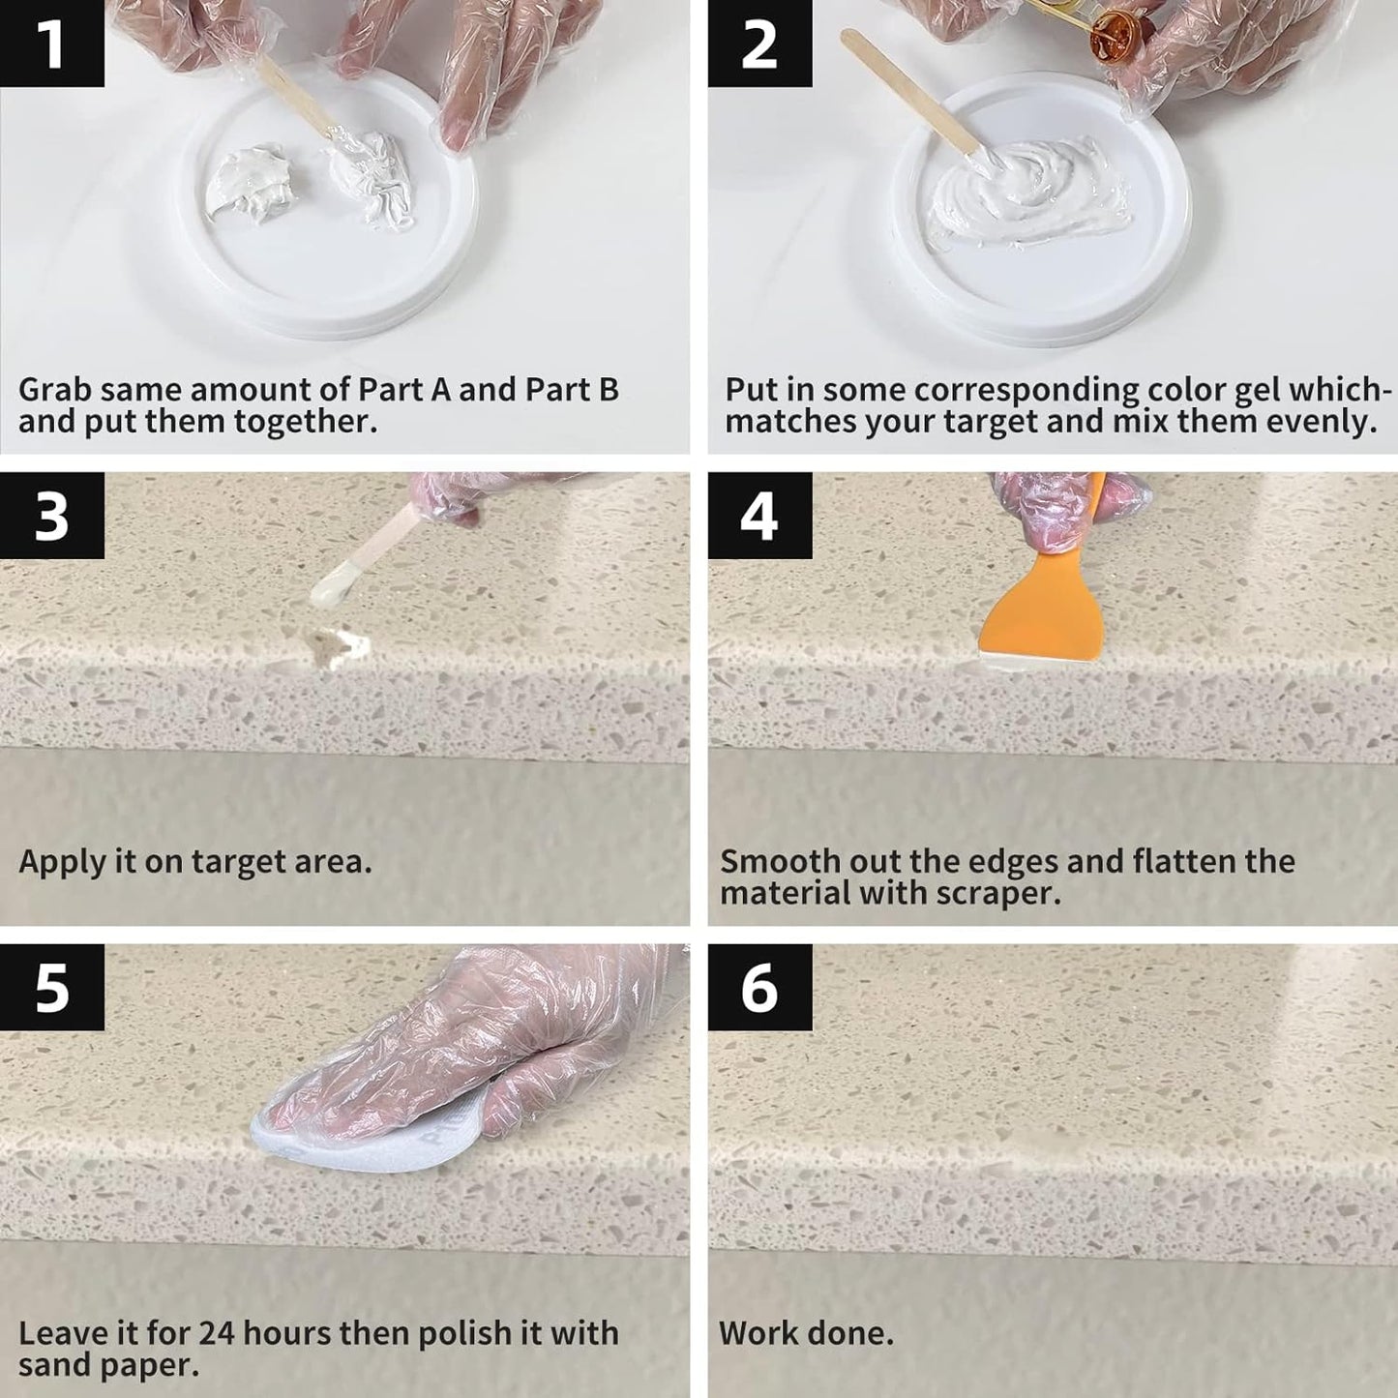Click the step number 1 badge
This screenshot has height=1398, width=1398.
(51, 44)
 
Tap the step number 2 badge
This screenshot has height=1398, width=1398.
(759, 44)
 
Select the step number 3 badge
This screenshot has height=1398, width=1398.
(51, 516)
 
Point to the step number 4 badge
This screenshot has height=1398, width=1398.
(759, 516)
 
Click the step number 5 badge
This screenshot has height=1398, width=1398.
(51, 988)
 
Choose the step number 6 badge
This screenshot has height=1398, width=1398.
(759, 988)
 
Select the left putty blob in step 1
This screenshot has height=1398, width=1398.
(247, 184)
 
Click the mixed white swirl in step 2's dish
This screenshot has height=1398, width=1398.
(1026, 189)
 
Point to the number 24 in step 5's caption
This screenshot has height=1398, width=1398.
(216, 1333)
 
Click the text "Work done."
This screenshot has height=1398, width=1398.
(806, 1333)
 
